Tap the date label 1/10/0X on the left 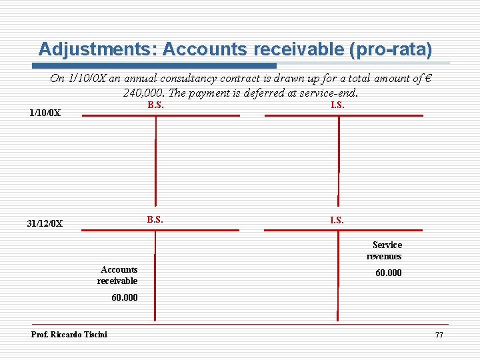[45, 113]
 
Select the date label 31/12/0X [45, 224]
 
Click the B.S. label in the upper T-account [155, 105]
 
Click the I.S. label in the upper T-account [337, 105]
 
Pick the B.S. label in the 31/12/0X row [155, 219]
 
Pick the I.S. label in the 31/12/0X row [337, 219]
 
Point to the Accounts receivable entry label [119, 275]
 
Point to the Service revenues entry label [385, 251]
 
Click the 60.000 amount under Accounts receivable [124, 298]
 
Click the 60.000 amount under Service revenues [388, 273]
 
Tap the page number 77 [439, 335]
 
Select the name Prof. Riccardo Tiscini [69, 334]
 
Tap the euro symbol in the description [427, 79]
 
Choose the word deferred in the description [263, 93]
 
